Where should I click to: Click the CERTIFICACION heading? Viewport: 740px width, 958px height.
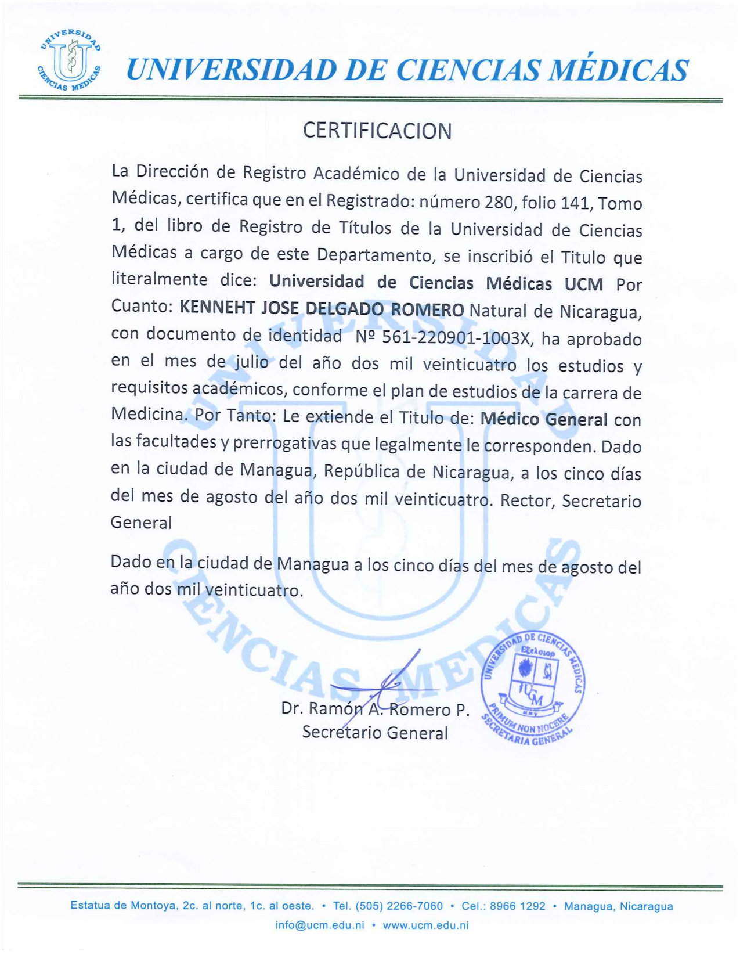tap(377, 131)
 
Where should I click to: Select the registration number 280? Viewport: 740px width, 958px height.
tap(497, 202)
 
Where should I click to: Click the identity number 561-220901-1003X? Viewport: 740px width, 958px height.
tap(455, 338)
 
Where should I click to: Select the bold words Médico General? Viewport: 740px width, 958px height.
tap(544, 419)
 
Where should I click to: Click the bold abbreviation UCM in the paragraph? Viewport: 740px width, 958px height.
tap(583, 284)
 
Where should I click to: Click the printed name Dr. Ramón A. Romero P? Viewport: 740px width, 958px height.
tap(375, 709)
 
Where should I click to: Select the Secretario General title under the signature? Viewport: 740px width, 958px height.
tap(375, 733)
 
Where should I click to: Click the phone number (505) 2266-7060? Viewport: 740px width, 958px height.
tap(399, 906)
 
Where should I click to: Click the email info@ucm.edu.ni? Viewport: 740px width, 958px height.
tap(320, 925)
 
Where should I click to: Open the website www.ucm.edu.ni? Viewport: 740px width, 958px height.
tap(425, 925)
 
